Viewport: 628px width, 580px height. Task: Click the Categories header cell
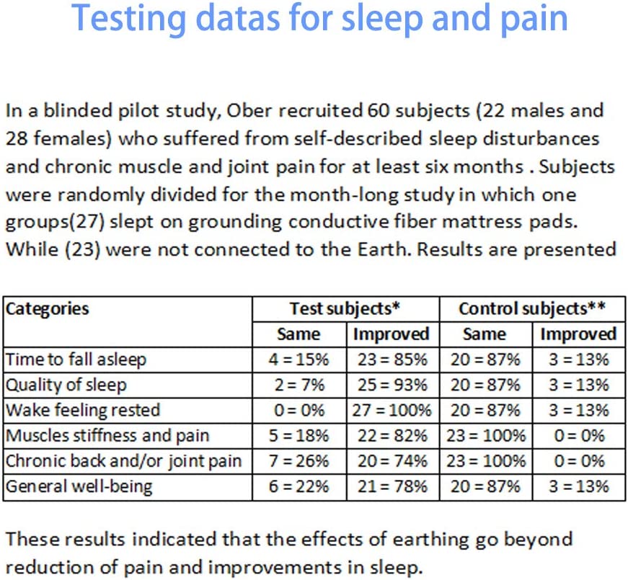click(x=48, y=309)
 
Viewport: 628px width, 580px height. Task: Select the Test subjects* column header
click(x=345, y=309)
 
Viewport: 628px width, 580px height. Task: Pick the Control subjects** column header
click(x=531, y=309)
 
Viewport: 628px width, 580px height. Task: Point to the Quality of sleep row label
click(x=66, y=384)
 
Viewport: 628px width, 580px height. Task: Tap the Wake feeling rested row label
click(x=83, y=410)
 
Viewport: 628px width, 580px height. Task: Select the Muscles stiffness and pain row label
click(x=107, y=435)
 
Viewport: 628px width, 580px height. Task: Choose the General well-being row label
click(x=79, y=486)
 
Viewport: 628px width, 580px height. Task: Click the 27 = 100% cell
click(x=392, y=410)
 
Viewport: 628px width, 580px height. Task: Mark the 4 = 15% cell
click(x=298, y=359)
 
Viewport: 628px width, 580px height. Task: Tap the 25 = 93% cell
click(x=392, y=384)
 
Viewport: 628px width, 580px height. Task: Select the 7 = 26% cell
click(x=298, y=461)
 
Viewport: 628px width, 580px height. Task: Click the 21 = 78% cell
click(x=392, y=486)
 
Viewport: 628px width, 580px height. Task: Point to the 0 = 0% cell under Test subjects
click(x=298, y=410)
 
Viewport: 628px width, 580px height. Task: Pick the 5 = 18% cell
click(x=298, y=435)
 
